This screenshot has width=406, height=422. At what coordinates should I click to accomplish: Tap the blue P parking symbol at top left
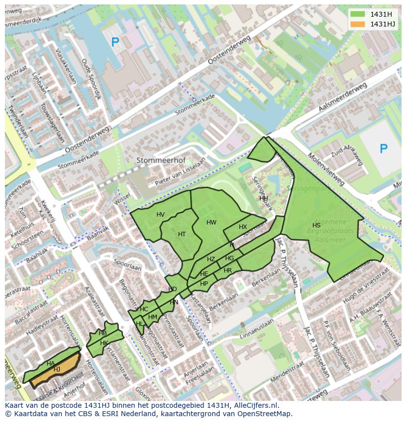tap(115, 43)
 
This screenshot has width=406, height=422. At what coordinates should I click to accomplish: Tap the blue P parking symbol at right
tap(383, 149)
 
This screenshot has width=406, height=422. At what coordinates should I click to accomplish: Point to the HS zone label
tap(316, 225)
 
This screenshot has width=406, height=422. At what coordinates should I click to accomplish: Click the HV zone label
tap(160, 215)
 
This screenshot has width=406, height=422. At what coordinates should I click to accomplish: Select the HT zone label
tap(182, 234)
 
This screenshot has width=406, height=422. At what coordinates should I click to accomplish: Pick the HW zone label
tap(211, 223)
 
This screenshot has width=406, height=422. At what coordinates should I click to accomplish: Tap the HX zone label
tap(243, 227)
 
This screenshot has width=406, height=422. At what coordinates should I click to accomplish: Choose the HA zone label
tap(51, 364)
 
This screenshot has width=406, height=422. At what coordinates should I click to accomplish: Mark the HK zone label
tap(104, 343)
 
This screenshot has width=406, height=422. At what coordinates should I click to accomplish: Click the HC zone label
tap(144, 309)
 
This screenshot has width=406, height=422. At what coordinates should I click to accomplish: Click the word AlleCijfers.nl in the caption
tap(255, 405)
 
